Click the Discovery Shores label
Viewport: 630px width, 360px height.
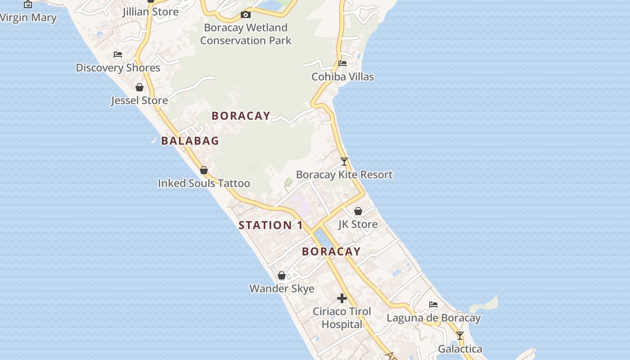point(118,68)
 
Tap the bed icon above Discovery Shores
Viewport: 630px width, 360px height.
point(118,54)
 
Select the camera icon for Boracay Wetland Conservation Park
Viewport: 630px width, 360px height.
point(246,15)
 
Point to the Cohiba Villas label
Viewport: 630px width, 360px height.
point(342,77)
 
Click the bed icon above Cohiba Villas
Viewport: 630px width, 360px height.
point(342,63)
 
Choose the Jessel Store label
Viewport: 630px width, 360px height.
point(139,100)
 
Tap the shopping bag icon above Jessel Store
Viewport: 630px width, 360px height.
point(139,87)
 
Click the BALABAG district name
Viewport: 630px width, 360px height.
point(190,141)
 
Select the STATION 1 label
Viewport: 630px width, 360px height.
point(270,225)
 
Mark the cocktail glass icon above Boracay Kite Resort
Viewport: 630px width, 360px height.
point(344,162)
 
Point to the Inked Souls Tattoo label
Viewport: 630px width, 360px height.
point(204,184)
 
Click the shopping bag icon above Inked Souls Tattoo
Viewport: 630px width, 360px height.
point(204,170)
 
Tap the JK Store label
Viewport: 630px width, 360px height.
point(358,224)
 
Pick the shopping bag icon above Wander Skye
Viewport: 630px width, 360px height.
point(282,275)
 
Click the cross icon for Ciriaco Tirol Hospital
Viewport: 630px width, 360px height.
point(342,298)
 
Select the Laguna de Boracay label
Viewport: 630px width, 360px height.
point(433,318)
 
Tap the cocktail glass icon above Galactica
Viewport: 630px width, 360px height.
point(460,336)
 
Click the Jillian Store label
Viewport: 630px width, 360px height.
point(150,12)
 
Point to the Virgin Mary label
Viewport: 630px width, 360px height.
point(28,18)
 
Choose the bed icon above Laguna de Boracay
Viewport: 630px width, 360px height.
point(433,305)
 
